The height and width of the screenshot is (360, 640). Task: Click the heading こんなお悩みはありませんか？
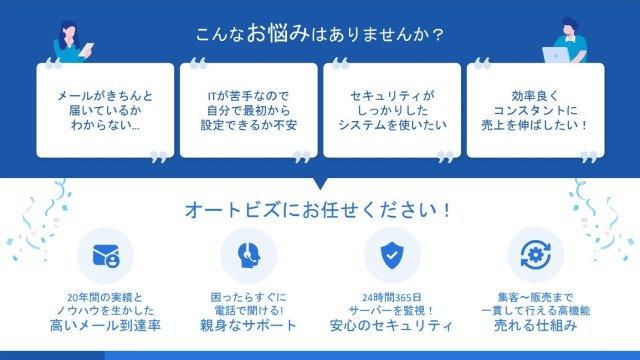click(320, 33)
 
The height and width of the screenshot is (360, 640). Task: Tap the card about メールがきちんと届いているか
click(105, 110)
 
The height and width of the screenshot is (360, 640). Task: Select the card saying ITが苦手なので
click(247, 110)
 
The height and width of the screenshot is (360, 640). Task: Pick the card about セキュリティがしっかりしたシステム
click(391, 110)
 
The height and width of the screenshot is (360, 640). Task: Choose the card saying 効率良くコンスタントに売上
click(535, 110)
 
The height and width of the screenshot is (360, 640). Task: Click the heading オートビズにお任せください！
click(319, 211)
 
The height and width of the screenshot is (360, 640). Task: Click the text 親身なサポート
click(248, 326)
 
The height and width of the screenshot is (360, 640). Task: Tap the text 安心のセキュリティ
click(391, 326)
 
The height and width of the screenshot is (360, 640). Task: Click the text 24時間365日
click(391, 297)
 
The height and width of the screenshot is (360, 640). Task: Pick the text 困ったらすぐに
click(248, 297)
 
